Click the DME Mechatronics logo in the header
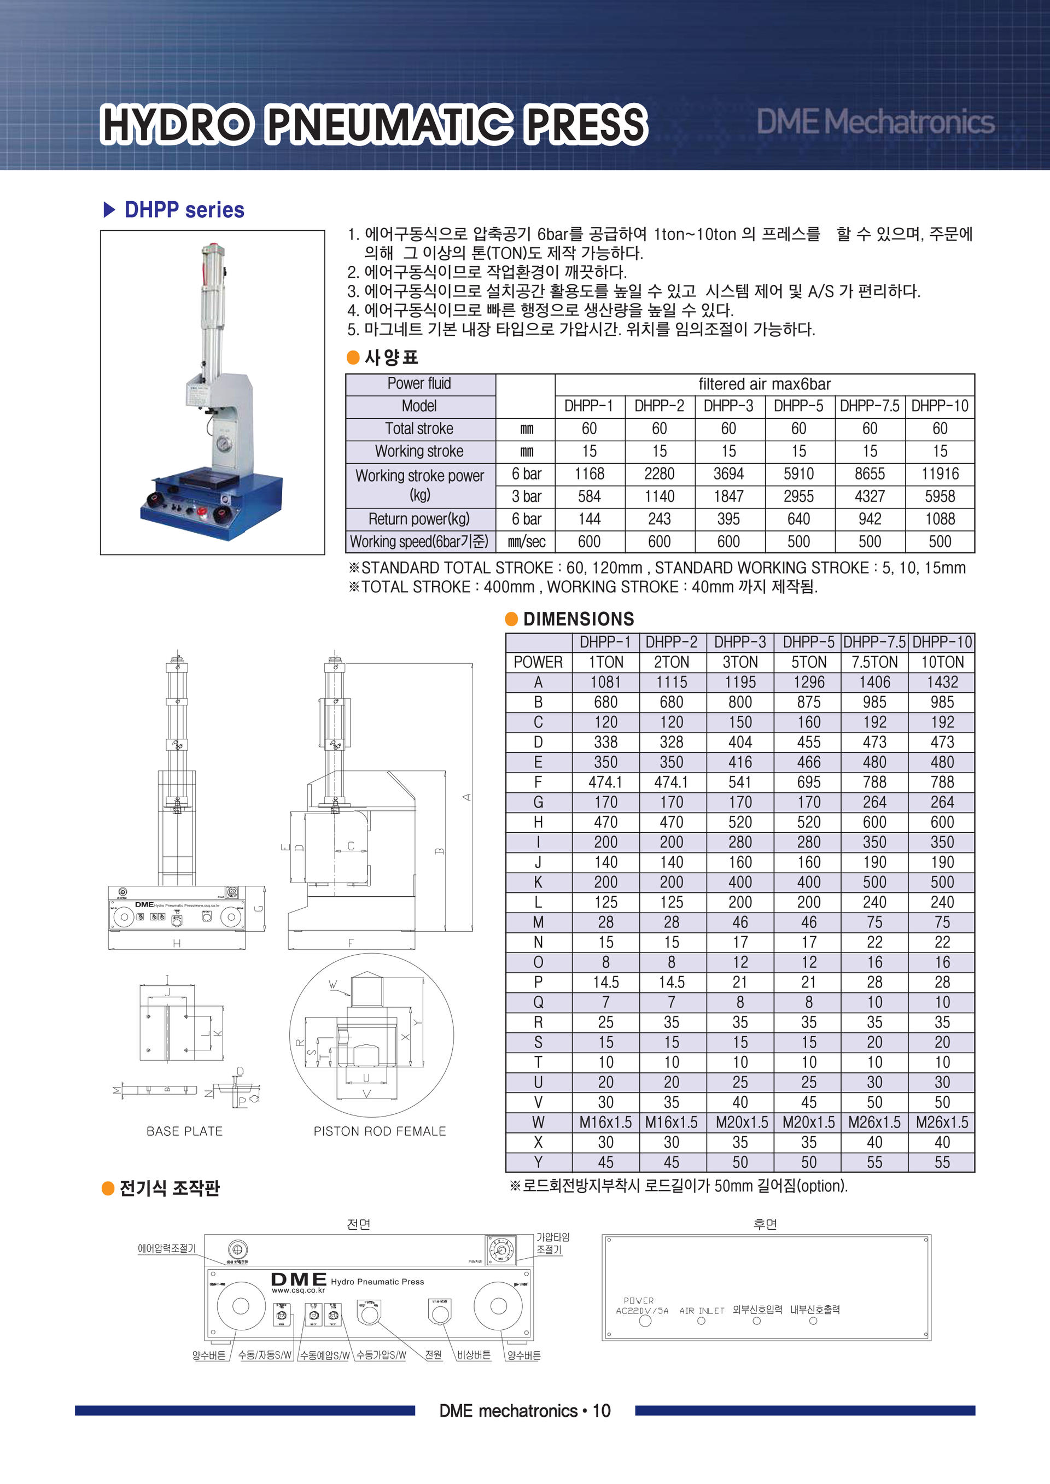click(x=875, y=121)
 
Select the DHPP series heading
click(x=184, y=210)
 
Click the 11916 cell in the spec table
click(x=940, y=474)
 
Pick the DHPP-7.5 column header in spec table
click(x=869, y=406)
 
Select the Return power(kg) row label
click(x=419, y=519)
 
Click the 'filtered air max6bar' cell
click(x=764, y=384)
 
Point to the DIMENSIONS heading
click(x=578, y=619)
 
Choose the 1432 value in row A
click(x=942, y=682)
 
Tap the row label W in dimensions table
click(x=538, y=1122)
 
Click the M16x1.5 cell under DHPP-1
click(x=605, y=1122)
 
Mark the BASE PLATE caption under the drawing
click(x=184, y=1131)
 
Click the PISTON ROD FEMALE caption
click(x=380, y=1131)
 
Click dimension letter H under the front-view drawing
click(x=177, y=944)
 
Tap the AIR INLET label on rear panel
click(x=701, y=1311)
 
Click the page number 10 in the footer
click(x=602, y=1410)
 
